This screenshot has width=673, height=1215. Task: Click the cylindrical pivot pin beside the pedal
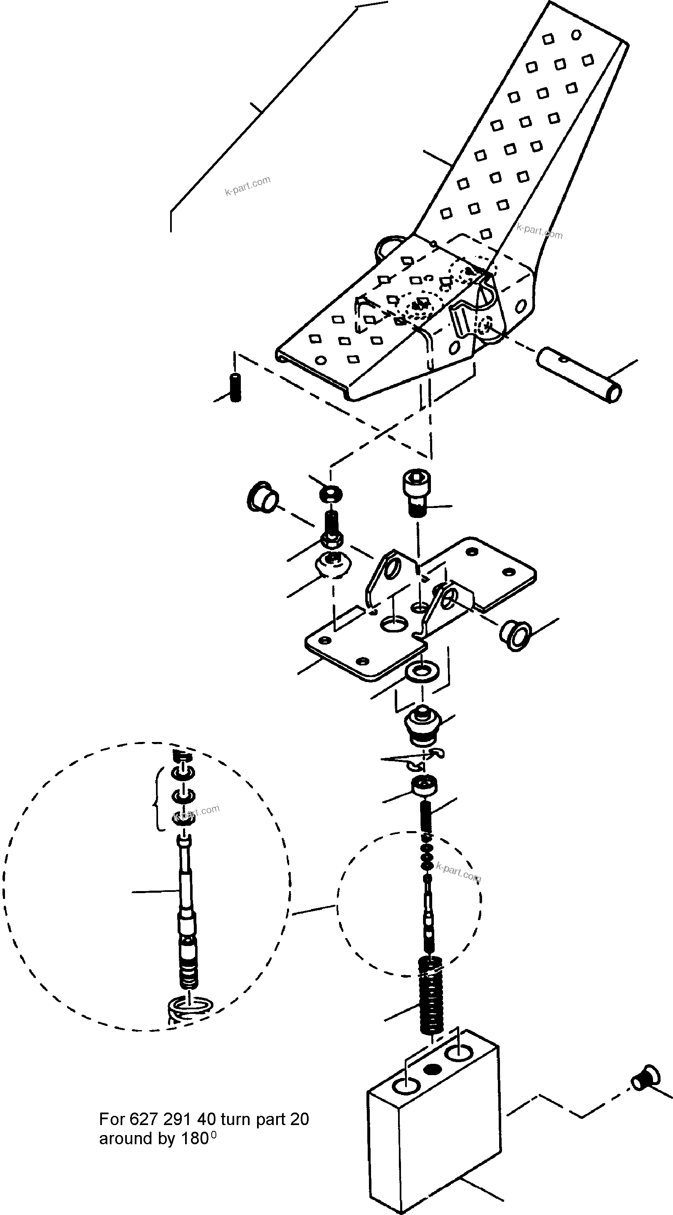pyautogui.click(x=579, y=375)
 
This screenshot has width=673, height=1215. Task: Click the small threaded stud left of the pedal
pyautogui.click(x=235, y=388)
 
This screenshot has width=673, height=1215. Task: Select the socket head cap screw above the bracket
pyautogui.click(x=414, y=493)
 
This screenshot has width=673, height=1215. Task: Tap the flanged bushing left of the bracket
pyautogui.click(x=262, y=497)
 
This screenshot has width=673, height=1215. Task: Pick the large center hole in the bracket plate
pyautogui.click(x=393, y=625)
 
